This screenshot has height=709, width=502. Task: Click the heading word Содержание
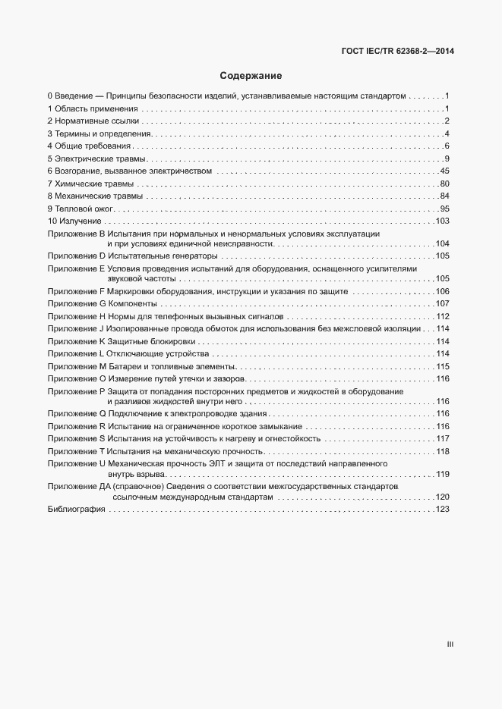point(251,76)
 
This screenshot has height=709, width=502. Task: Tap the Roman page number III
point(450,645)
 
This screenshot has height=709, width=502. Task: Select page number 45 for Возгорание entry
point(445,171)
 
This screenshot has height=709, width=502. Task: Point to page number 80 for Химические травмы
point(445,184)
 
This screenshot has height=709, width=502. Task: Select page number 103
point(443,221)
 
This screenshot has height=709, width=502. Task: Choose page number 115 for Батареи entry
point(443,367)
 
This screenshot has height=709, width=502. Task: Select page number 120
point(443,497)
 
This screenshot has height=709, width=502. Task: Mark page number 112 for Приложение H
point(443,316)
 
